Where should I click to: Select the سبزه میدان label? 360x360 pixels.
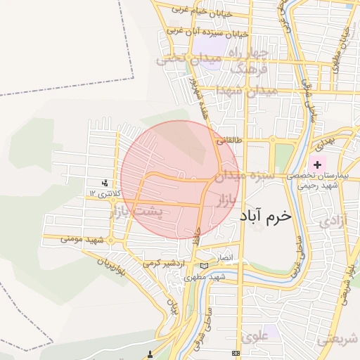[x=241, y=174]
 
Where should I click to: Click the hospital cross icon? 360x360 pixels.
[x=318, y=164]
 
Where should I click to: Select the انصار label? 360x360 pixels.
[x=224, y=258]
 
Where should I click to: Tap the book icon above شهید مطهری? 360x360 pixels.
[x=204, y=266]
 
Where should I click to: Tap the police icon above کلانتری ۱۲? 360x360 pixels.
[x=105, y=183]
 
